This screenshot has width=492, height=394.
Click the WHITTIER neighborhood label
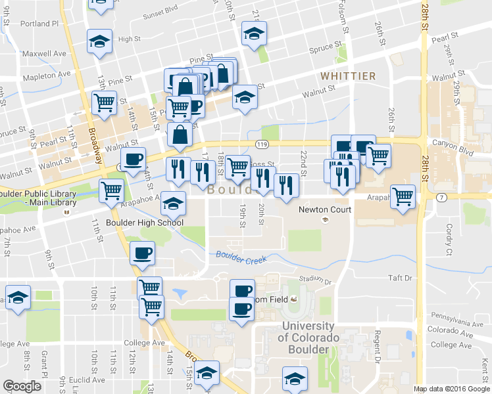tap(348, 76)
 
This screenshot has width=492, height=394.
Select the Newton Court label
tap(325, 209)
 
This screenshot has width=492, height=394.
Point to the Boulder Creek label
tap(241, 257)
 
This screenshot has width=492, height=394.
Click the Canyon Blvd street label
tap(450, 142)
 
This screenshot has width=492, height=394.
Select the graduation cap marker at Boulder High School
tap(173, 204)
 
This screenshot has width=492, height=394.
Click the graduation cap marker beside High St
tap(99, 42)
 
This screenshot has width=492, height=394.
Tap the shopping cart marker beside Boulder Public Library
tap(112, 190)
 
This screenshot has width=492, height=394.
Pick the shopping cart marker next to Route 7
tap(403, 195)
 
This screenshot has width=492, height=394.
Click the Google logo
tap(22, 386)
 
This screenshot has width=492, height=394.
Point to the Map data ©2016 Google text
tap(451, 389)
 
